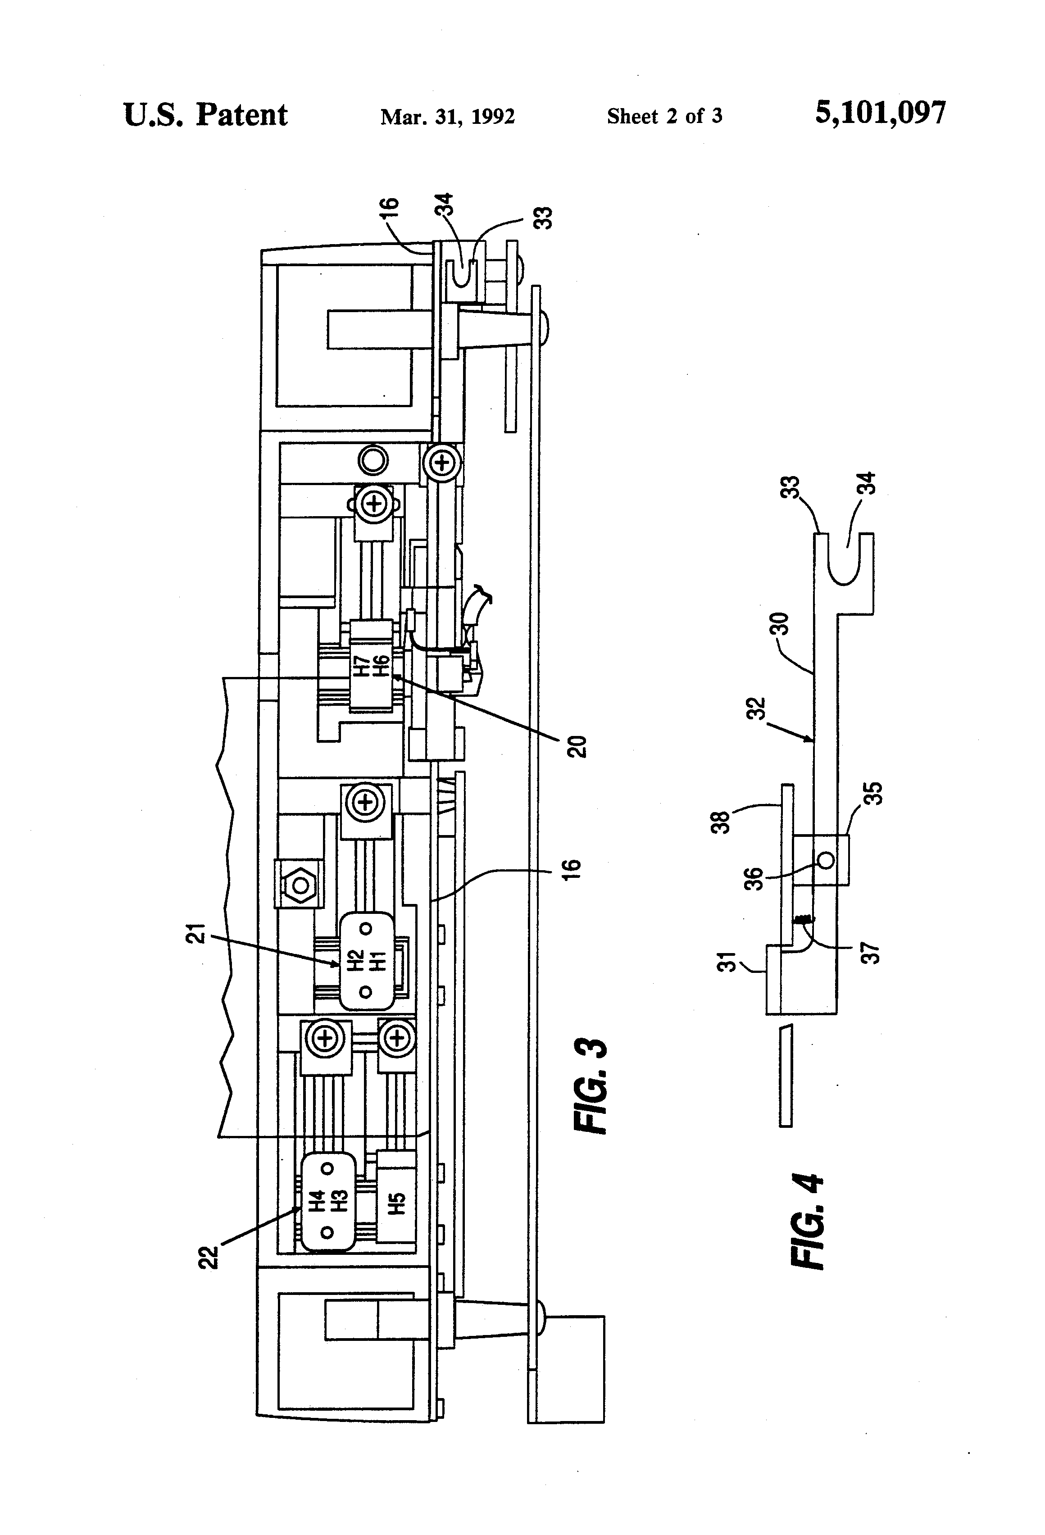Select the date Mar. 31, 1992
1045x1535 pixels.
tap(447, 117)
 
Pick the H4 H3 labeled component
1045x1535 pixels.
tap(328, 1201)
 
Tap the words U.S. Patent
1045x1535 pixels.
tap(205, 115)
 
